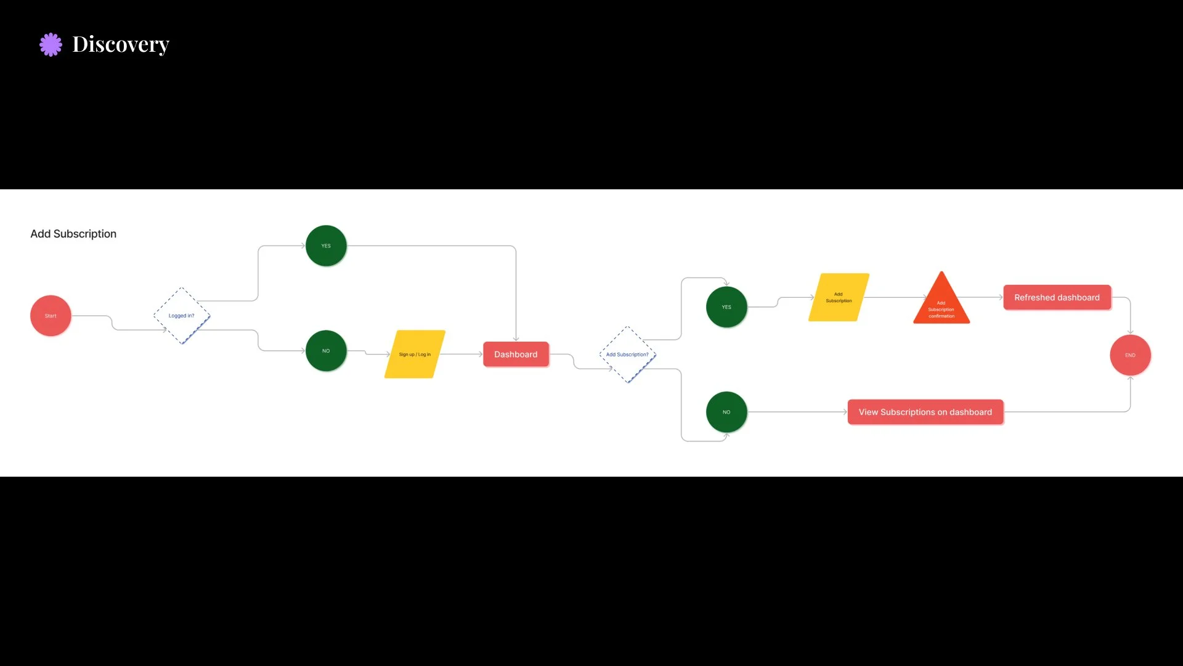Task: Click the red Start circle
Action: [x=51, y=316]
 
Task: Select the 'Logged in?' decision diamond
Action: [x=181, y=316]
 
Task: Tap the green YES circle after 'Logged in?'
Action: [x=326, y=245]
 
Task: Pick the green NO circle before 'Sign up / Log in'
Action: [x=326, y=351]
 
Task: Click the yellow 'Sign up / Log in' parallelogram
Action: [x=415, y=354]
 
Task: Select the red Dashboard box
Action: [x=516, y=354]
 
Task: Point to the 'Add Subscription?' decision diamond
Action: [x=627, y=355]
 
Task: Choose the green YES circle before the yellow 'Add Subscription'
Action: [x=726, y=306]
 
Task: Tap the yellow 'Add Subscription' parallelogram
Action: [x=839, y=297]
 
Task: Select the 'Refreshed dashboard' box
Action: [x=1057, y=297]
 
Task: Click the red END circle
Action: [x=1130, y=355]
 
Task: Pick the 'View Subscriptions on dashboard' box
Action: [x=925, y=412]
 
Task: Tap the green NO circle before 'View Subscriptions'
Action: [x=726, y=412]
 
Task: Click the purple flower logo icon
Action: [x=51, y=44]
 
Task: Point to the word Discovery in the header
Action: [x=121, y=44]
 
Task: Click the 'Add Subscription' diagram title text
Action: [x=73, y=234]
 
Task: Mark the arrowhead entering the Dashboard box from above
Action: [x=516, y=338]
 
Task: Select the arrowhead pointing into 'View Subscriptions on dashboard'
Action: [x=845, y=412]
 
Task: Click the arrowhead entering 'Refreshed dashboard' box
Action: [x=1000, y=297]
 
